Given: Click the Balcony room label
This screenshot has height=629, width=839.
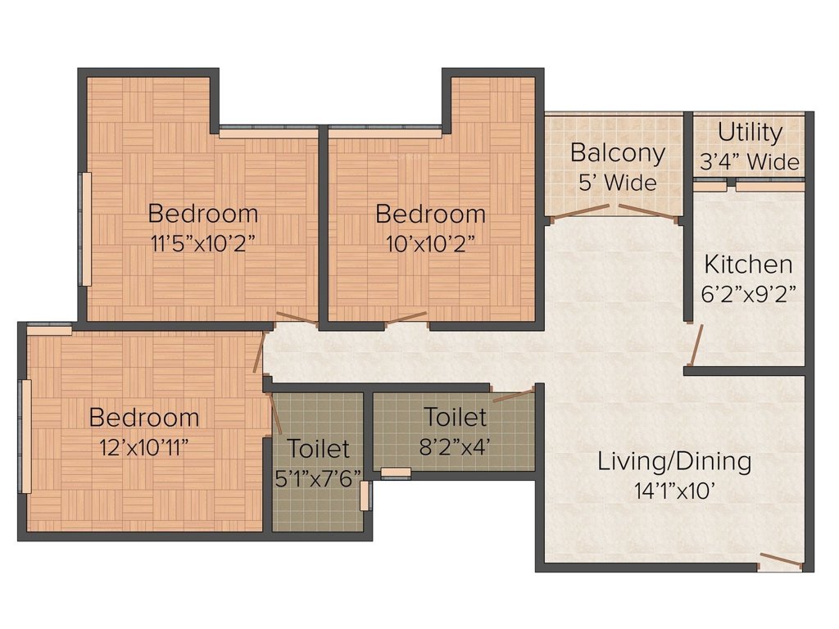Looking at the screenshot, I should pyautogui.click(x=617, y=153).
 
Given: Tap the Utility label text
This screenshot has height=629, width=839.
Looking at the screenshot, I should pyautogui.click(x=750, y=133).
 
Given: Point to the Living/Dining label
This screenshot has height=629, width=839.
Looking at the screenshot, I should pyautogui.click(x=673, y=461).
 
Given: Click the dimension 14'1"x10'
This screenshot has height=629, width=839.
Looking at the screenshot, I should pyautogui.click(x=673, y=491).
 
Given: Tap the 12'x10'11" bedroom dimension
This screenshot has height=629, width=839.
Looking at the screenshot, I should pyautogui.click(x=144, y=446).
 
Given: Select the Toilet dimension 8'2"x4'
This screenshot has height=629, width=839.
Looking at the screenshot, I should pyautogui.click(x=455, y=446).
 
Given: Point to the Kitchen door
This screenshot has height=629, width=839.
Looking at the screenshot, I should pyautogui.click(x=696, y=344).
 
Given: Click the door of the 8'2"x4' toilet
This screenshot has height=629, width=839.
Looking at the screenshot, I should pyautogui.click(x=513, y=396).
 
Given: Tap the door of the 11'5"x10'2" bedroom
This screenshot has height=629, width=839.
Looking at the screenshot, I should pyautogui.click(x=297, y=319).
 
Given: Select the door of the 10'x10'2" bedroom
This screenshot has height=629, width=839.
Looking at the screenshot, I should pyautogui.click(x=406, y=319).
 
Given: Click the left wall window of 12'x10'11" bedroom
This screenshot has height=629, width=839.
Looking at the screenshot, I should pyautogui.click(x=25, y=436).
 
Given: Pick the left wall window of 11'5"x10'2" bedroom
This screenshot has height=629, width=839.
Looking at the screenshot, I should pyautogui.click(x=84, y=229).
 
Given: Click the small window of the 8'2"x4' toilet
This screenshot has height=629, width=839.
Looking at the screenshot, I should pyautogui.click(x=396, y=473).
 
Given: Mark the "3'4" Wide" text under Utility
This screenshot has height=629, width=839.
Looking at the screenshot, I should pyautogui.click(x=750, y=162).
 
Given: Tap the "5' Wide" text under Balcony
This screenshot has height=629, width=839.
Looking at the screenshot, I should pyautogui.click(x=617, y=183).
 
